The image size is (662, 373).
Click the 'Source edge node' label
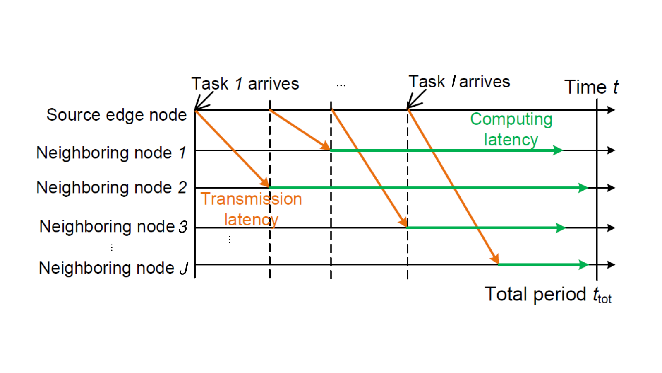click(116, 115)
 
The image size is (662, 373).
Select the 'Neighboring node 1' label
click(111, 153)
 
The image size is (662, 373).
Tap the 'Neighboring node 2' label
click(111, 187)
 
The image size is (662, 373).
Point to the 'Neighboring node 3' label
click(113, 226)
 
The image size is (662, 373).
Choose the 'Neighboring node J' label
click(113, 268)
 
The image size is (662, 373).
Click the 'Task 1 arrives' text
click(245, 83)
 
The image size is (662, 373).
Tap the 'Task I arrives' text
click(459, 81)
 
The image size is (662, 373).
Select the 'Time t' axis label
click(591, 87)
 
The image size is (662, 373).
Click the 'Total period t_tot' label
click(548, 295)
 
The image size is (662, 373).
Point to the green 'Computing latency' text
click(511, 129)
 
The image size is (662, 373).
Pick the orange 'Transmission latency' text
click(251, 209)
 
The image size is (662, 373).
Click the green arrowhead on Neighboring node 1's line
click(557, 150)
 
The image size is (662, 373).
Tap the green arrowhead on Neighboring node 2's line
click(583, 188)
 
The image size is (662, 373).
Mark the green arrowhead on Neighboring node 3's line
click(560, 228)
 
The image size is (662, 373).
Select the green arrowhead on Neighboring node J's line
click(583, 265)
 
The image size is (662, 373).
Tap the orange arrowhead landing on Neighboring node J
click(495, 259)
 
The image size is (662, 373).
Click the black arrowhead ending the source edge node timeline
click(611, 110)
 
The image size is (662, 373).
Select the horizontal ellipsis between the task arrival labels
click(341, 86)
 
